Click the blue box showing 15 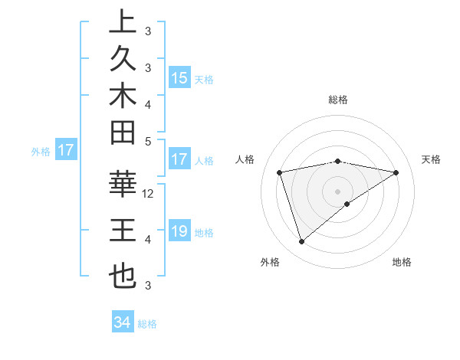pos(179,77)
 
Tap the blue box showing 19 pos(179,231)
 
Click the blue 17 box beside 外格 pos(66,151)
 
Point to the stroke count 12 pos(149,194)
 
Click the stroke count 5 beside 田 pos(148,141)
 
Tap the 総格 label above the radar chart pos(338,100)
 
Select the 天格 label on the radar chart pos(432,159)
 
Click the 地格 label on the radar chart pos(402,262)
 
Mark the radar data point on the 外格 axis pos(302,242)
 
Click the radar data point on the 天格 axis pos(396,172)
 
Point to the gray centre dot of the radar pos(338,191)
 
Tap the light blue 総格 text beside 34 pos(147,324)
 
